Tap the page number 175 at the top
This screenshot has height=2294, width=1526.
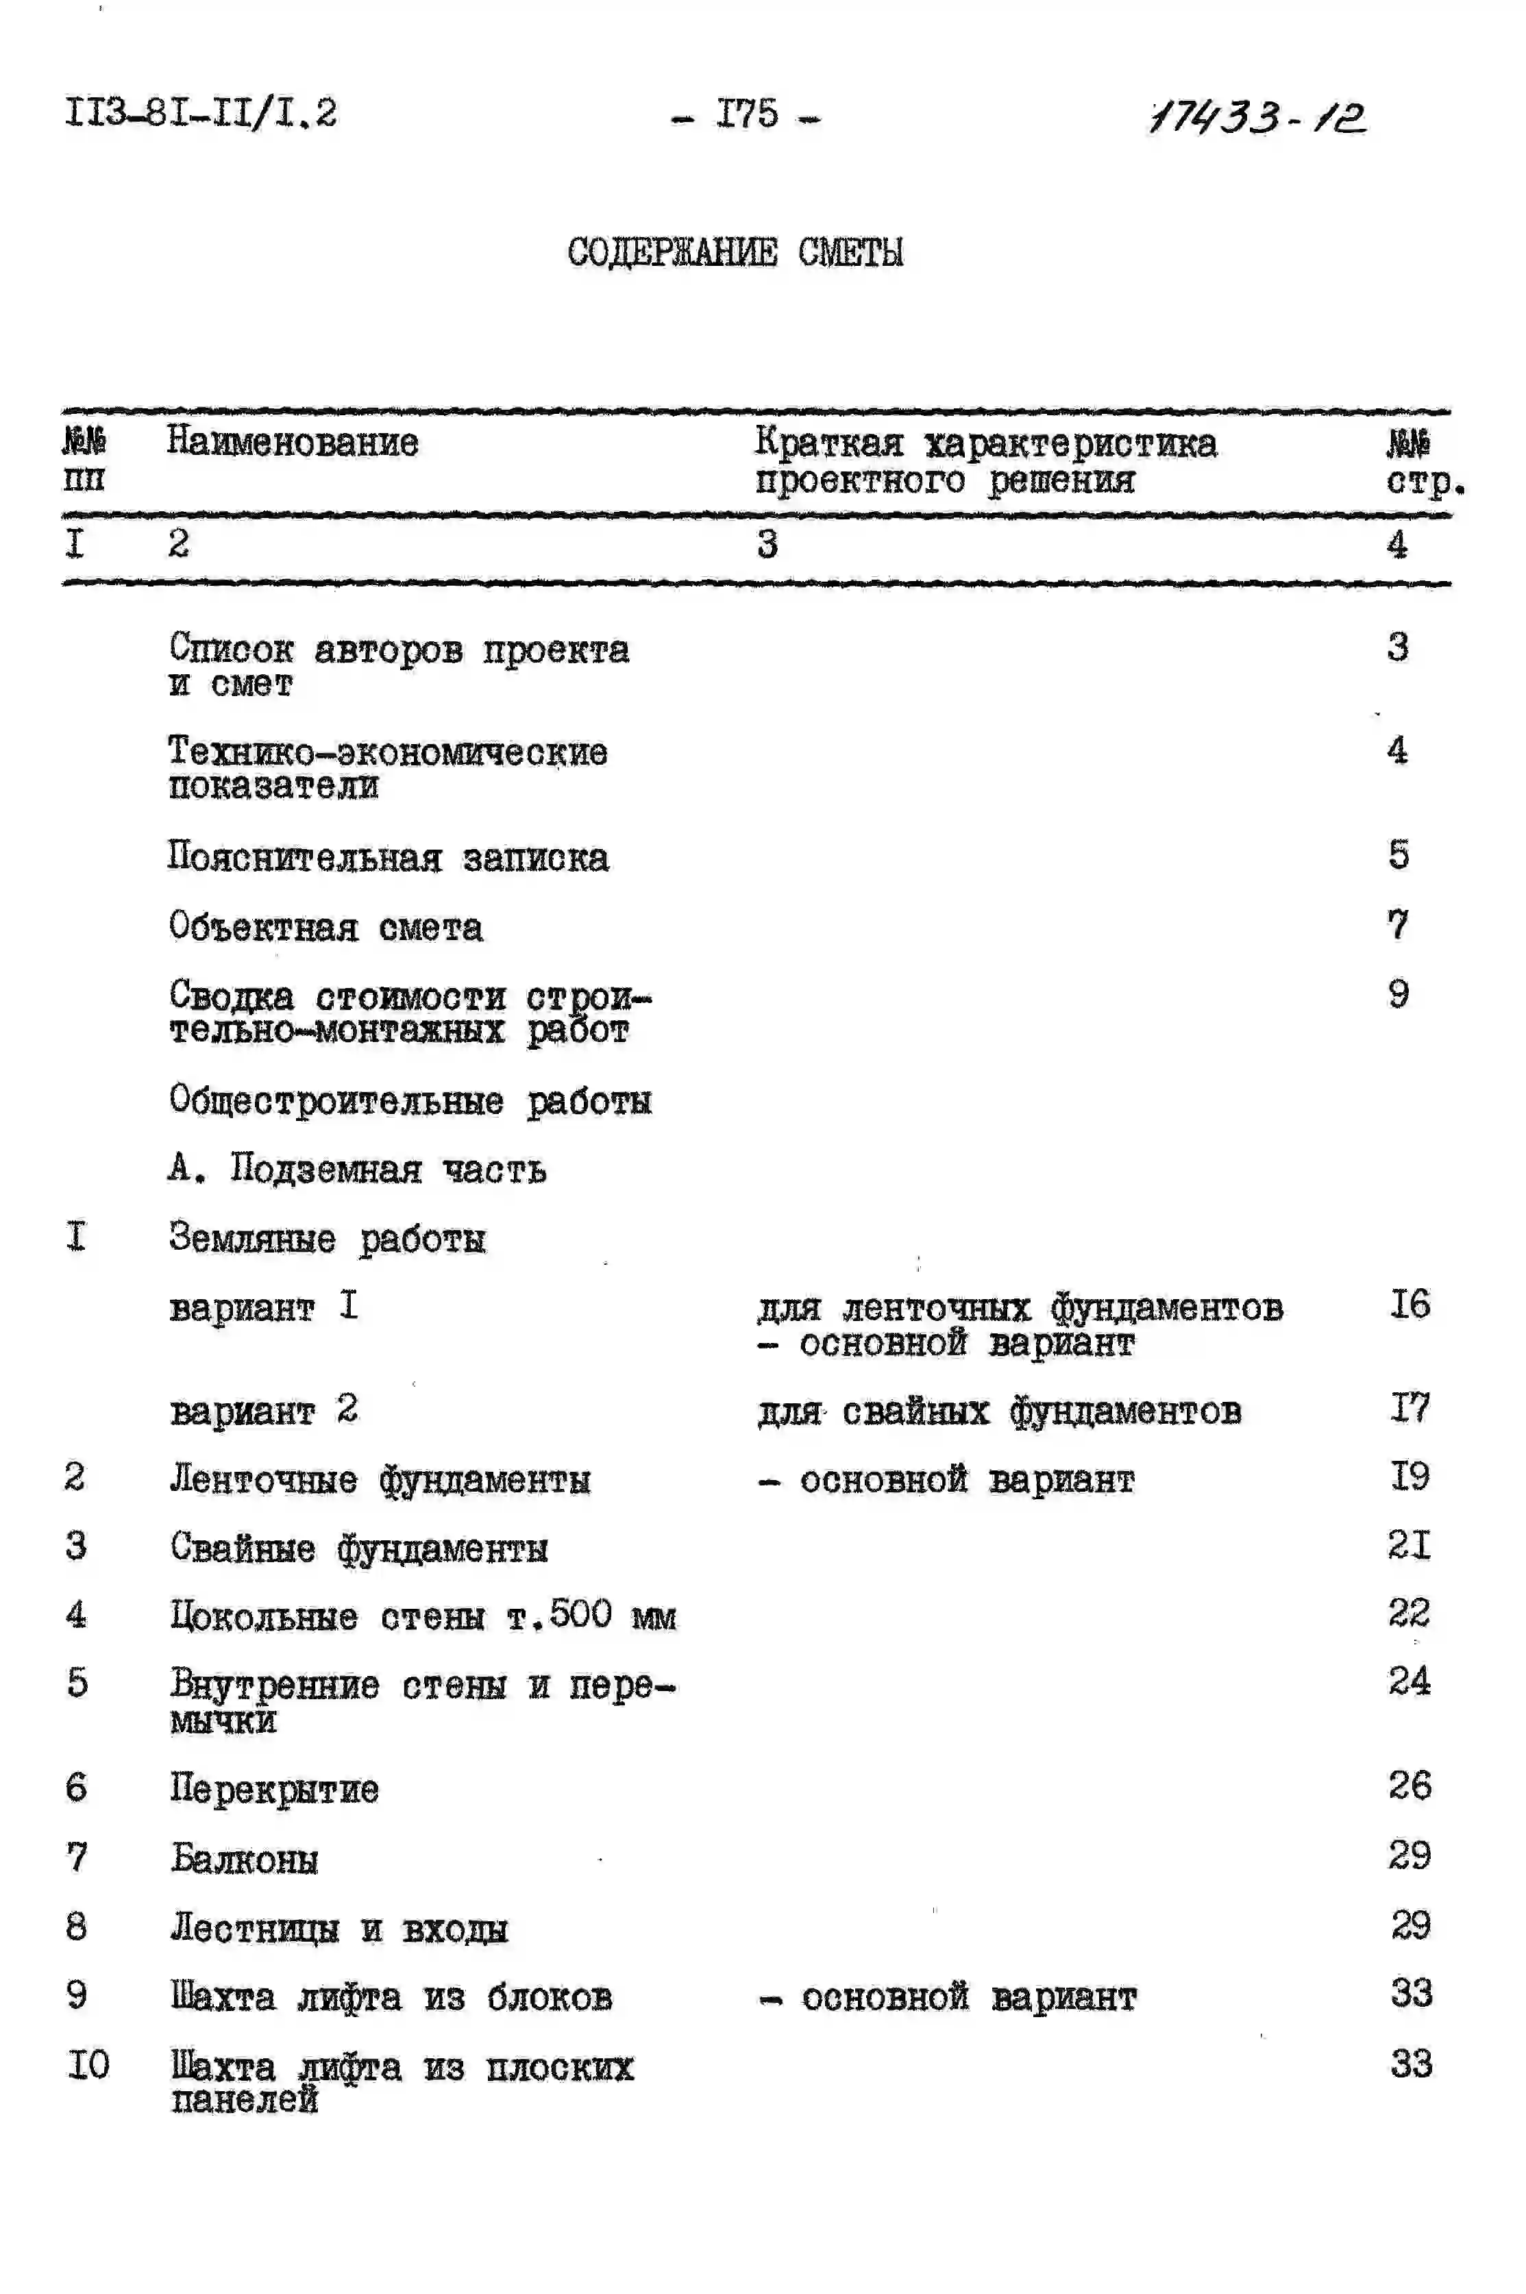[746, 115]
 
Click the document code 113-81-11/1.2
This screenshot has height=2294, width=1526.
[201, 113]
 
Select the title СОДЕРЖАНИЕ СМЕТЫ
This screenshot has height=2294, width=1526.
[735, 252]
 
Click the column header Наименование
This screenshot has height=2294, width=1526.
[292, 443]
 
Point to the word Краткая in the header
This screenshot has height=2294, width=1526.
[829, 443]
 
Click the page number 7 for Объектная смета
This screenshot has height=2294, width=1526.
[1398, 924]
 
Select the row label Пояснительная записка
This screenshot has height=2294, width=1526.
[387, 857]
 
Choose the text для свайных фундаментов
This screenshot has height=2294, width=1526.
[998, 1411]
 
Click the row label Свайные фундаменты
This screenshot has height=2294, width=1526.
[358, 1548]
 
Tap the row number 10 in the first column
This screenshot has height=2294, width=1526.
[88, 2064]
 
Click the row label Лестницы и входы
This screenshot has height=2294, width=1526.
[339, 1927]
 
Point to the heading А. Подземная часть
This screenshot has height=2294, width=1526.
[356, 1168]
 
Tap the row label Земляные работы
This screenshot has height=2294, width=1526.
[326, 1238]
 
